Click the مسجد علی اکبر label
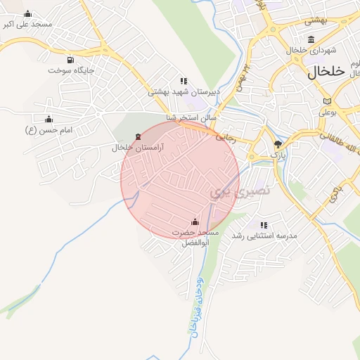28,24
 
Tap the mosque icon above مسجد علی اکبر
27,13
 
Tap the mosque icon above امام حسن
49,119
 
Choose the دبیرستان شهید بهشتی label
184,91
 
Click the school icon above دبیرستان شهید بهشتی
184,81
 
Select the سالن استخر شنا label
191,117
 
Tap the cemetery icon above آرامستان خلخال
137,136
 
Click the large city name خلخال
328,71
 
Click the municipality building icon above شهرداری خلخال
311,39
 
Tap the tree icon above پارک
279,143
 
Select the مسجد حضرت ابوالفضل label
195,238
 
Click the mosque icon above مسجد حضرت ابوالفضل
195,221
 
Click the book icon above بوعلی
326,101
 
